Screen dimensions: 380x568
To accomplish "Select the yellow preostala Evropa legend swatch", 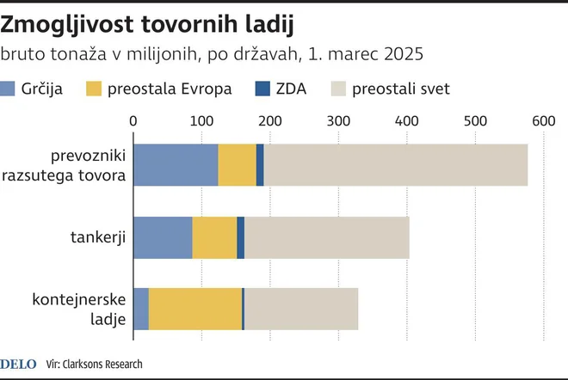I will [x=96, y=88].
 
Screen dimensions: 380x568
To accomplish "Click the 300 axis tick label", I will [x=338, y=122].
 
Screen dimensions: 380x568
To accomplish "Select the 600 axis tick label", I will [x=544, y=122].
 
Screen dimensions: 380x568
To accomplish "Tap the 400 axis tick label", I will [x=407, y=122].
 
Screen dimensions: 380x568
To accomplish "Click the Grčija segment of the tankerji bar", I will [x=163, y=238].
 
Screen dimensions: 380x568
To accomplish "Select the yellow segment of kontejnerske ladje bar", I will [x=195, y=309].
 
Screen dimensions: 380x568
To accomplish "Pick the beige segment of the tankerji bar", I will [x=327, y=238].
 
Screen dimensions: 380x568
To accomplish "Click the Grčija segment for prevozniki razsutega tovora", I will [x=176, y=165].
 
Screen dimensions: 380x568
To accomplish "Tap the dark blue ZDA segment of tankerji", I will [x=241, y=238].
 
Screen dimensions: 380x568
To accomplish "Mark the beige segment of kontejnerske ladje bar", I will [x=301, y=309].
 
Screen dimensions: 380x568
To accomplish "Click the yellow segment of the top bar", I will [x=238, y=165].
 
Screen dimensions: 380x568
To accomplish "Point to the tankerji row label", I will [x=98, y=238].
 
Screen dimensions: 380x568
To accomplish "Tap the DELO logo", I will [x=17, y=363].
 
